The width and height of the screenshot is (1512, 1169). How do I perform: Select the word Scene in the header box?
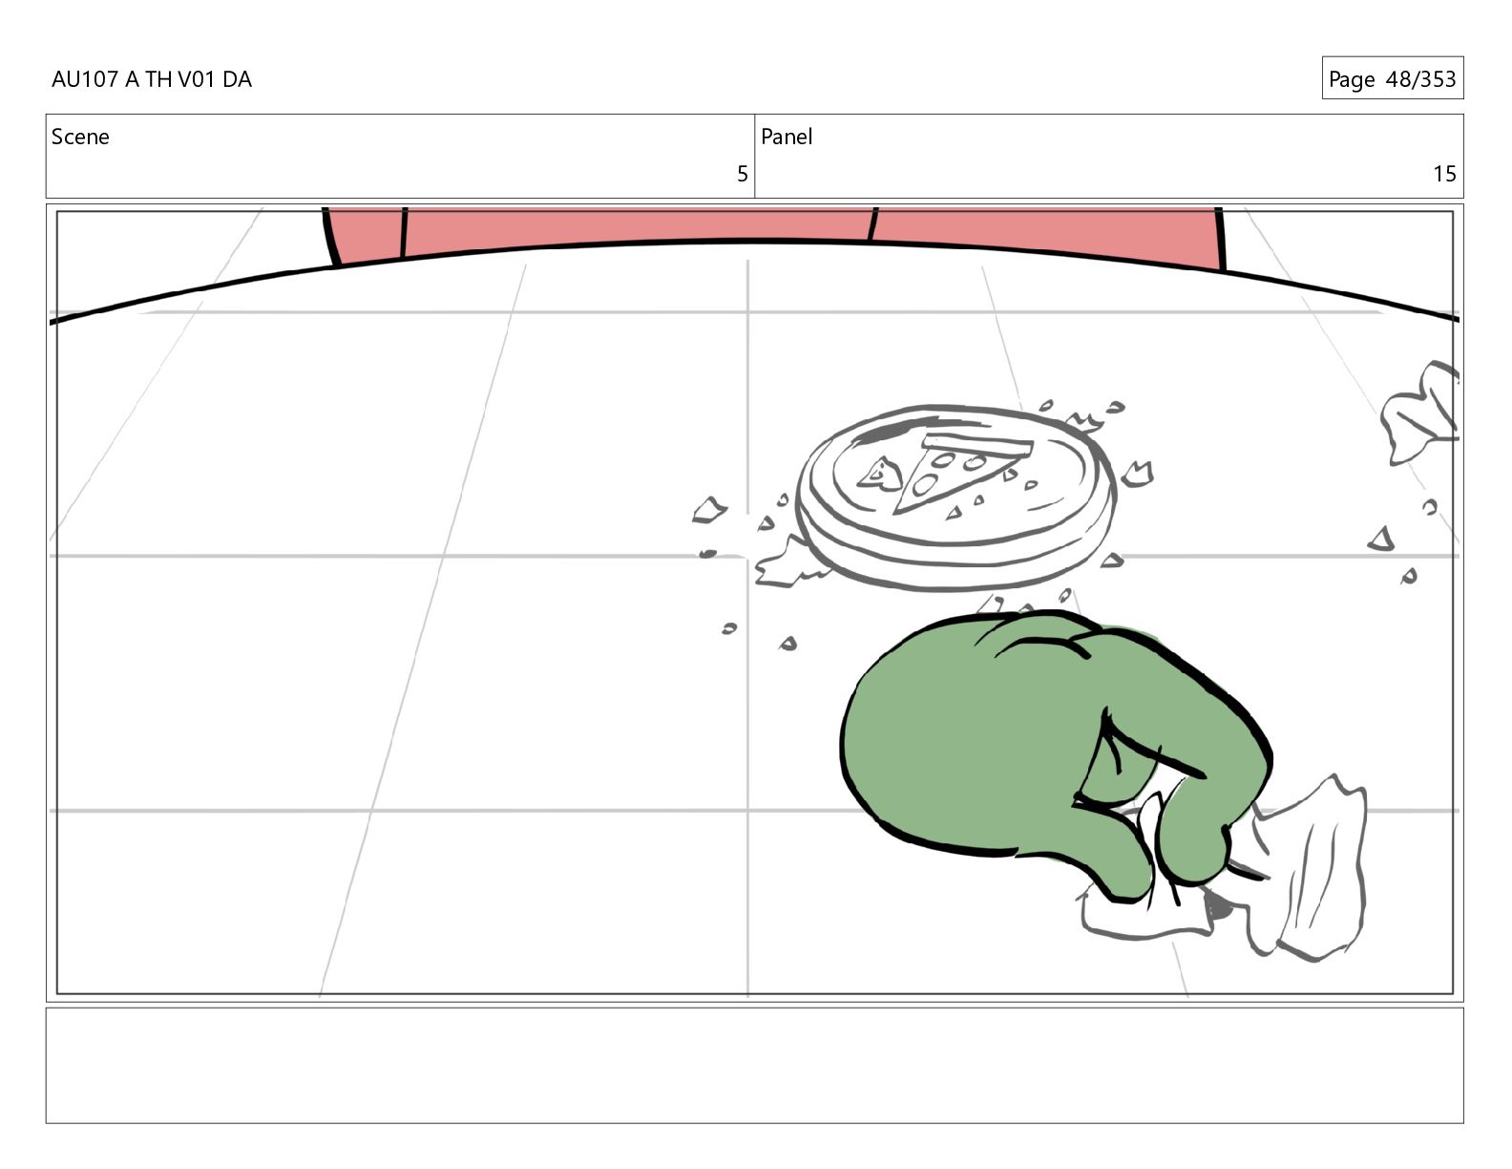80,137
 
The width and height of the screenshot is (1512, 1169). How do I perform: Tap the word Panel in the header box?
787,137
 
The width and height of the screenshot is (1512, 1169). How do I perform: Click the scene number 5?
743,174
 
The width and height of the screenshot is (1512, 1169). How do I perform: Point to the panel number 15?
1444,174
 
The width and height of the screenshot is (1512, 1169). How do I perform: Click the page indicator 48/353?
1420,79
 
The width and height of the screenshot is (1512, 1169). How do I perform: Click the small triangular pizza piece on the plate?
880,474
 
